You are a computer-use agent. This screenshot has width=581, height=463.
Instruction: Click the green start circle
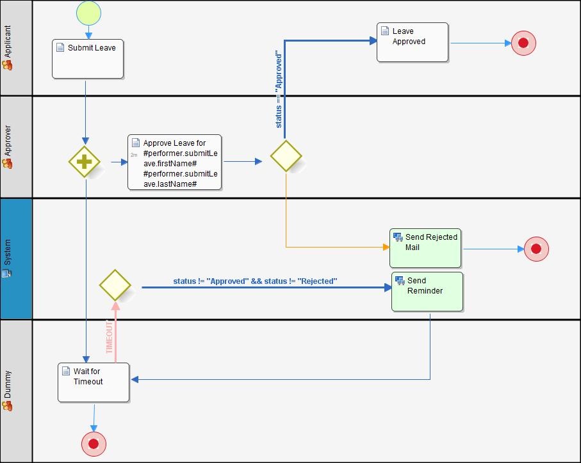(88, 12)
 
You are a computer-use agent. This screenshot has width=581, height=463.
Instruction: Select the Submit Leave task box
(88, 59)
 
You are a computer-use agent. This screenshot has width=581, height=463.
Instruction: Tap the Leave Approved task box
(412, 42)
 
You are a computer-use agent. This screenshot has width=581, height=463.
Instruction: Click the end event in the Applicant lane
(523, 43)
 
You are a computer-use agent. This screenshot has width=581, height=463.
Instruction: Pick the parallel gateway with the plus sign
(84, 162)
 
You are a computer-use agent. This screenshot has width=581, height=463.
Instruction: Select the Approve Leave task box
(175, 162)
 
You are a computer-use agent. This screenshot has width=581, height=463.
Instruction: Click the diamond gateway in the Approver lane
(286, 156)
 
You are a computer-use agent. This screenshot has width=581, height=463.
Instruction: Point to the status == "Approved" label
(279, 90)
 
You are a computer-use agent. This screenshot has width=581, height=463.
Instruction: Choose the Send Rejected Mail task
(425, 248)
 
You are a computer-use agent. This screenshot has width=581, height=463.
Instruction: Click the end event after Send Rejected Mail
(536, 249)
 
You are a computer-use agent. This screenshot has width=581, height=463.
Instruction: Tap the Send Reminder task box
(427, 292)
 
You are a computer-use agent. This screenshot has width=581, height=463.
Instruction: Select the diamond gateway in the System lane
(115, 285)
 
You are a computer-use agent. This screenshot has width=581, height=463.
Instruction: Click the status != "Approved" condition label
(255, 281)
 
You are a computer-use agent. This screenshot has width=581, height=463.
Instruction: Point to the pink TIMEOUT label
(110, 338)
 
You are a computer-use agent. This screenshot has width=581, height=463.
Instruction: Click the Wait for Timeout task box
(94, 382)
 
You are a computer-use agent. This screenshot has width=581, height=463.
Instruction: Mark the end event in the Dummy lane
(94, 444)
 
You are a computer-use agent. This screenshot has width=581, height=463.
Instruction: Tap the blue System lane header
(8, 258)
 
